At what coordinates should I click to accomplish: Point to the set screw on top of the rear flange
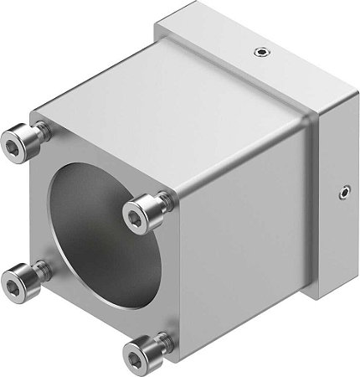(260, 52)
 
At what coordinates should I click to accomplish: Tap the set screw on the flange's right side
(343, 195)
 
